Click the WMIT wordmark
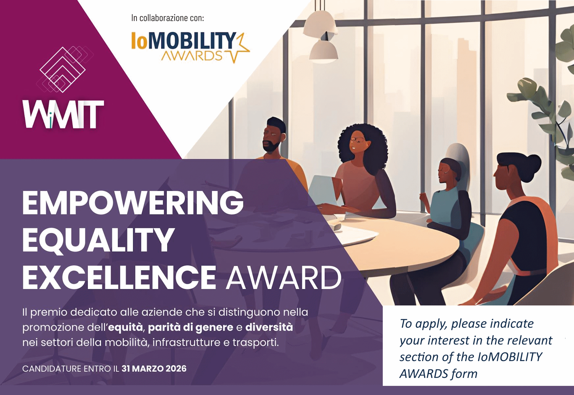click(x=63, y=114)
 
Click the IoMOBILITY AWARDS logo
click(x=190, y=46)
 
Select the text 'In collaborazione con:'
click(x=168, y=18)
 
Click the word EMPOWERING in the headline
click(x=133, y=202)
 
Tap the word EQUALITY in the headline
click(x=98, y=240)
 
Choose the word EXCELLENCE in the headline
click(x=119, y=277)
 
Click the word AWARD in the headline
click(x=284, y=277)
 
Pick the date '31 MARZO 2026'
click(x=154, y=368)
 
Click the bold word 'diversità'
click(x=269, y=327)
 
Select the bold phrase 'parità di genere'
click(x=190, y=327)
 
